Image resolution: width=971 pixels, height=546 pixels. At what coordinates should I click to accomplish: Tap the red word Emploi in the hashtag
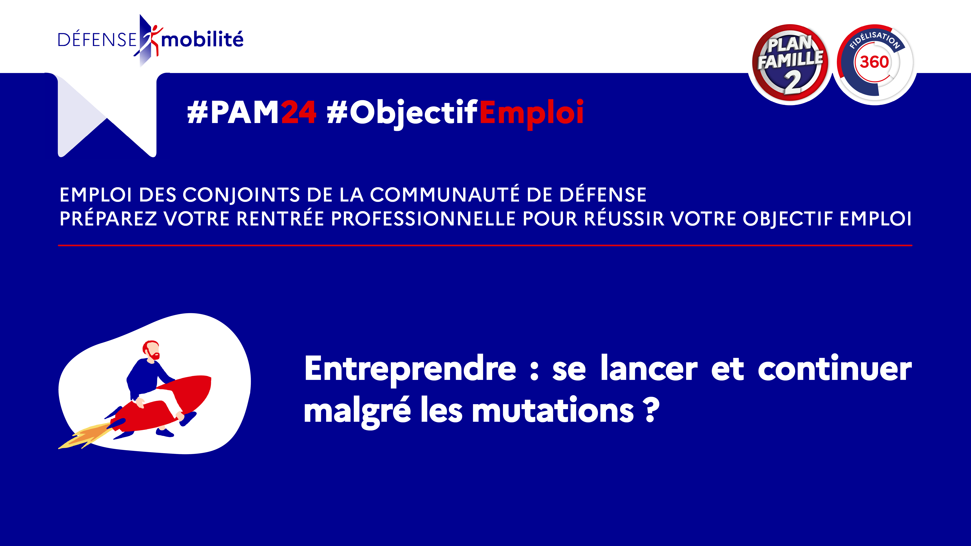tap(532, 113)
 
